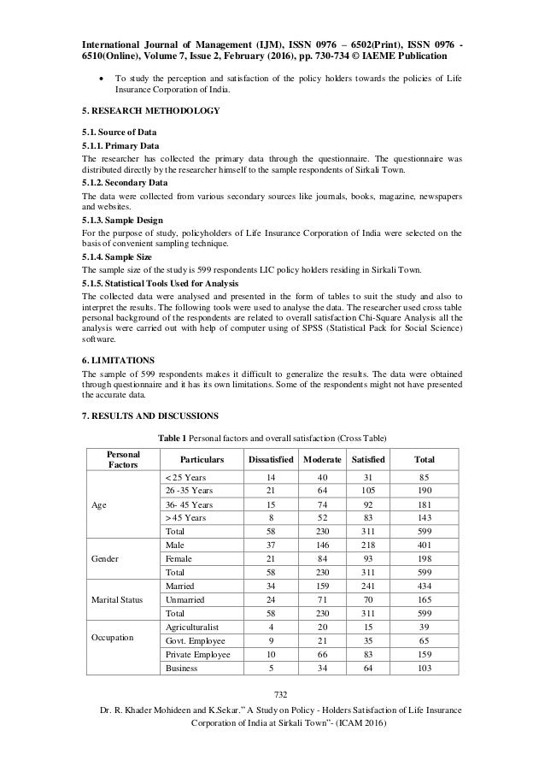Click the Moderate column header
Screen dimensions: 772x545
point(317,459)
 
